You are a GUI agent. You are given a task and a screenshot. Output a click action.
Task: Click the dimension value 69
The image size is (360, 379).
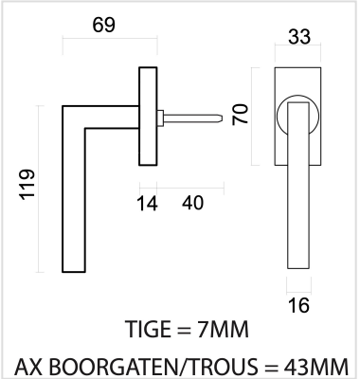point(104,25)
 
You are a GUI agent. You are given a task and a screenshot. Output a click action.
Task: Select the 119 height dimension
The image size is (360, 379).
point(27,185)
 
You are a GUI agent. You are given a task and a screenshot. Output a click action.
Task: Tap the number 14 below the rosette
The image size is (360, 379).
point(147,203)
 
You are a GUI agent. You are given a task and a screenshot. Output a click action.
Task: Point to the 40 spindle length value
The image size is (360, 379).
point(192,203)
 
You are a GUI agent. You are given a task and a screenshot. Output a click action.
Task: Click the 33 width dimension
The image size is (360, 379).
point(299,37)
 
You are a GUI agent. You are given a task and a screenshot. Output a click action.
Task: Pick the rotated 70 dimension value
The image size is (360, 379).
point(241,115)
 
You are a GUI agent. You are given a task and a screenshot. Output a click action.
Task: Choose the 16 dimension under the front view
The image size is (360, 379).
point(298,305)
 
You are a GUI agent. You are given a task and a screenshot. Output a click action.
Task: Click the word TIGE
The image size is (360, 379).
point(148,329)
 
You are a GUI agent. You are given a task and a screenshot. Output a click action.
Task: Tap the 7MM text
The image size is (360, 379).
point(223,329)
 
